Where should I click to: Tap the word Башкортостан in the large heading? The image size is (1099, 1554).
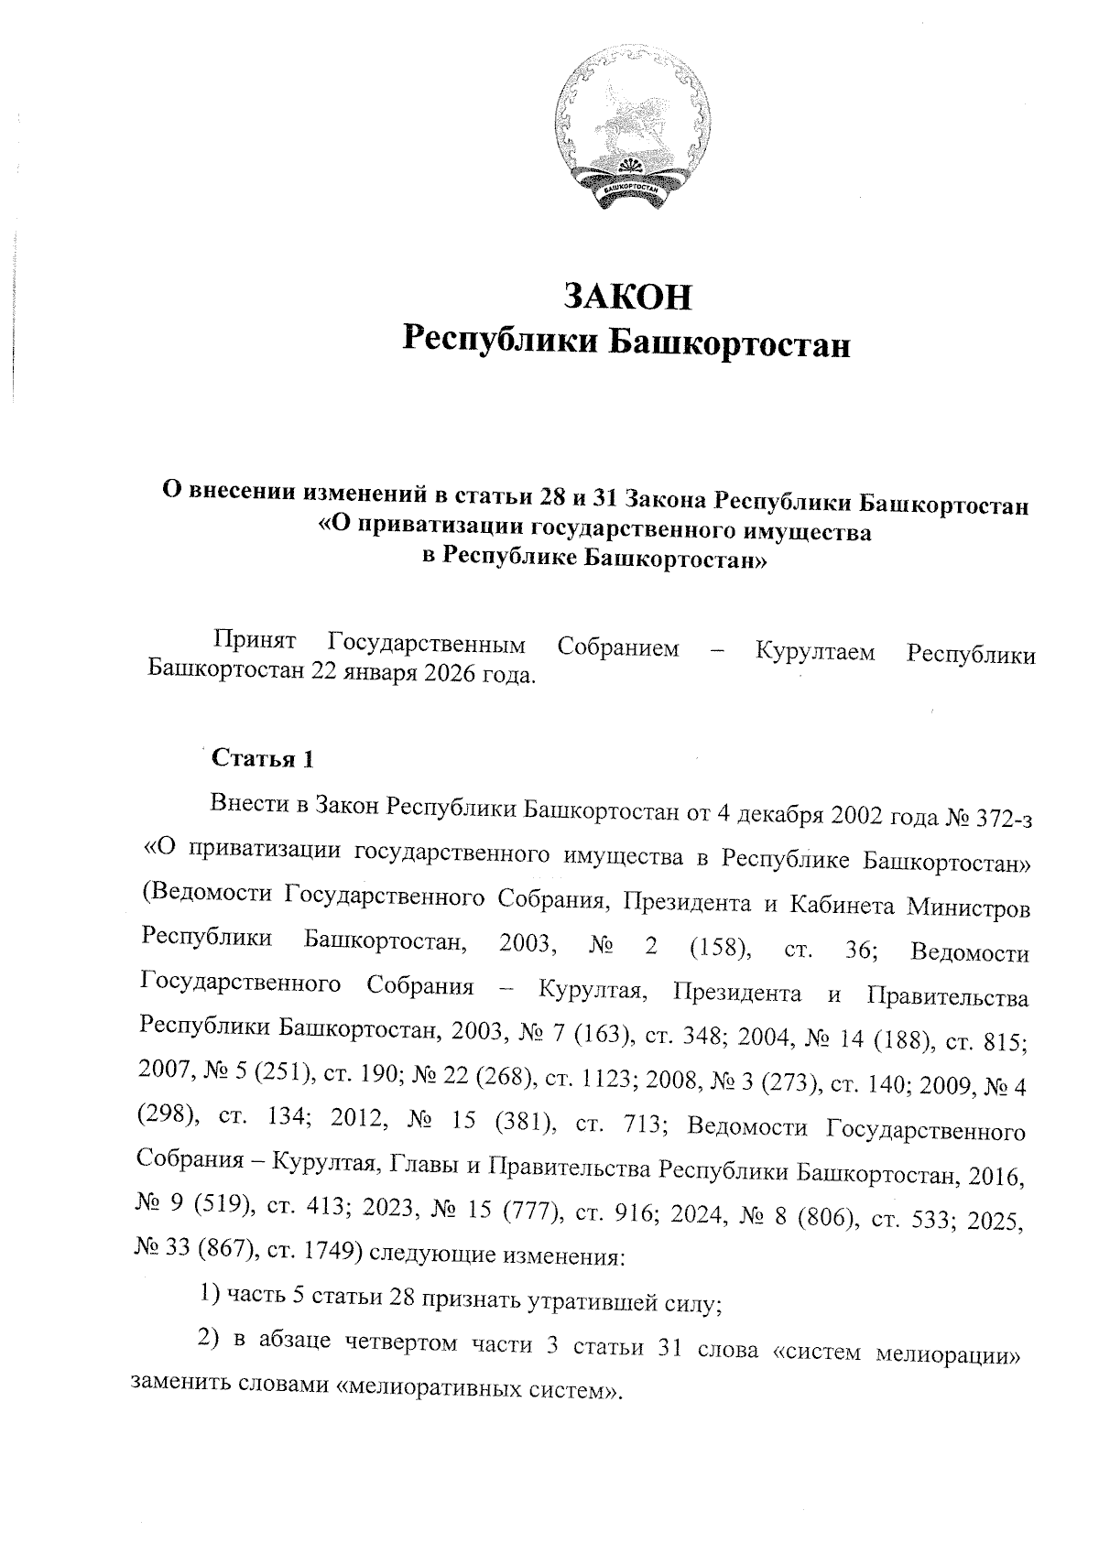tap(730, 343)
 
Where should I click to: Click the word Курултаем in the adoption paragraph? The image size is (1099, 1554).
tap(814, 651)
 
